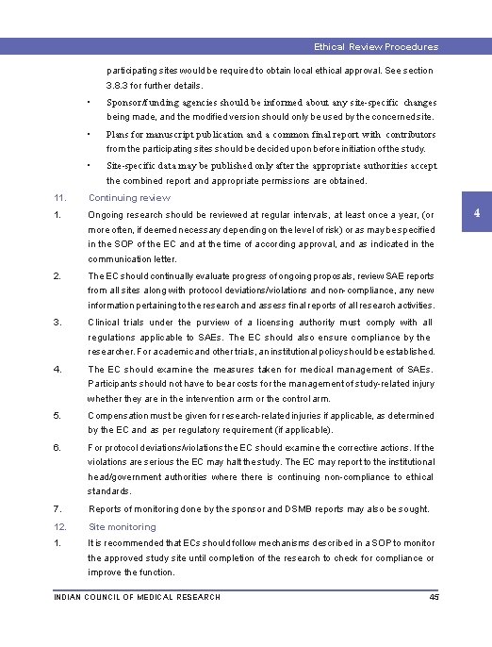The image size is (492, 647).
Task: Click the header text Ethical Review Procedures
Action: point(376,46)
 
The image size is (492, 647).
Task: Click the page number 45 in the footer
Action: point(434,597)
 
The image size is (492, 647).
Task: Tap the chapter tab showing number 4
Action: point(477,213)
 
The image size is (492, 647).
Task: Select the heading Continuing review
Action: point(129,198)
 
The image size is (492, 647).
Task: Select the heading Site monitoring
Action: point(122,527)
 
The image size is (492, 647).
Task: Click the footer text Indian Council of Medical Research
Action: point(138,597)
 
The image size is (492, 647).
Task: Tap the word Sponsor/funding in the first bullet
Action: point(138,101)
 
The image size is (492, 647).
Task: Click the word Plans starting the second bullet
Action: point(121,133)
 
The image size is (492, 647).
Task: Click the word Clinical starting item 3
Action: point(104,323)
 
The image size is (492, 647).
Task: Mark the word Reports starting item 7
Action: point(106,509)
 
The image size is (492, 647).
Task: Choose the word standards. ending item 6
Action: point(109,491)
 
